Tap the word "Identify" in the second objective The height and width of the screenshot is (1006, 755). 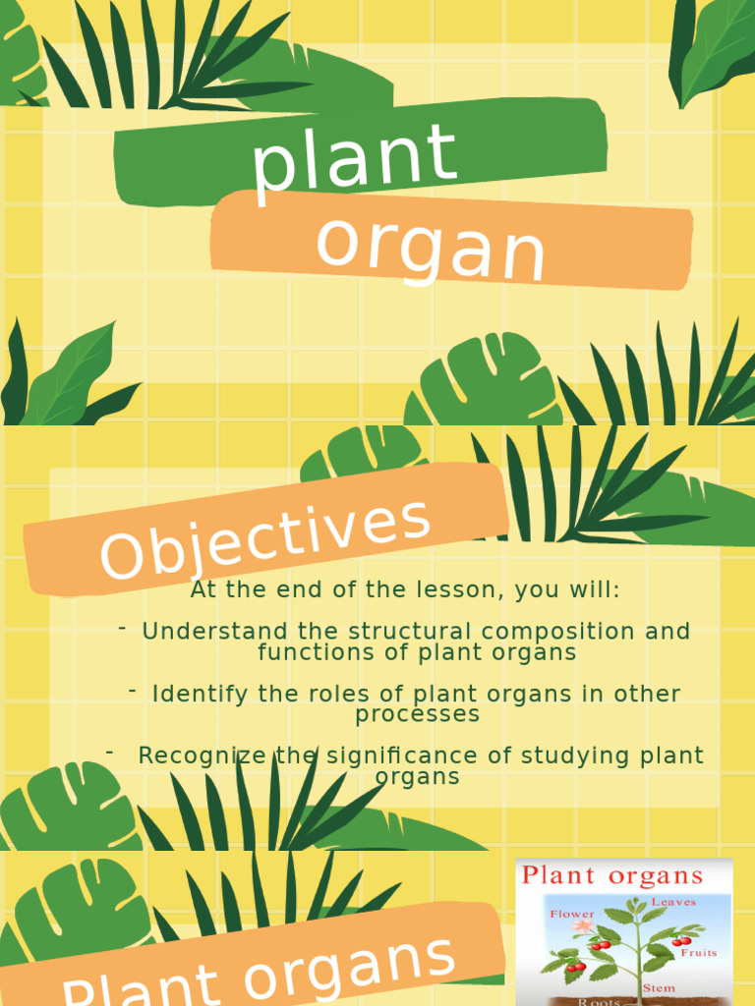tap(201, 694)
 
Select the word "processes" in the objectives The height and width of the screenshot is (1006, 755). tap(418, 714)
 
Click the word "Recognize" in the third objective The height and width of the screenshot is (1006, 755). tap(202, 755)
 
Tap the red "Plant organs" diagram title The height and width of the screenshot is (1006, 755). tap(612, 875)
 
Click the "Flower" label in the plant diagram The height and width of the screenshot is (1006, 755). tap(572, 914)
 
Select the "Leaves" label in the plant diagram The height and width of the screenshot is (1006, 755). tap(674, 902)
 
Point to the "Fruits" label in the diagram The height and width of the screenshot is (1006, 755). tap(697, 952)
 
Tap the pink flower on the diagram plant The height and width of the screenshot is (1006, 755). tap(583, 926)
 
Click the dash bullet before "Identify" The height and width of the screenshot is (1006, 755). tap(132, 692)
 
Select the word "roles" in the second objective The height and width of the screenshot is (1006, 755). tap(297, 694)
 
